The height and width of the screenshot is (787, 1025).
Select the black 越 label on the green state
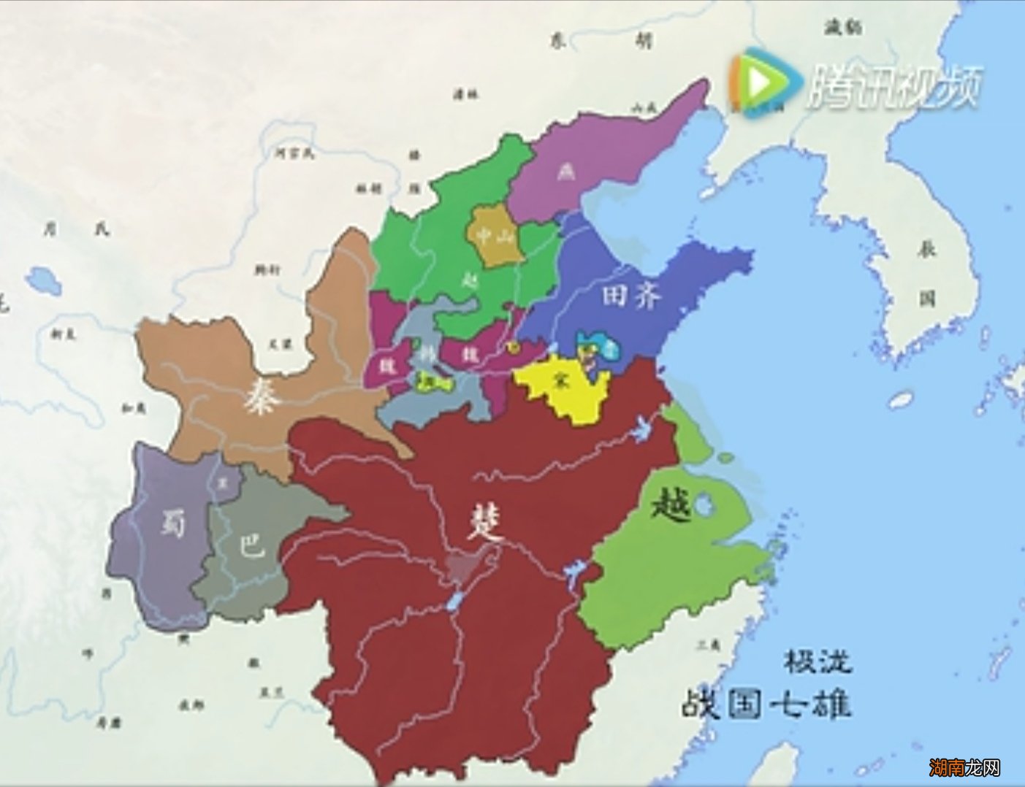click(x=670, y=503)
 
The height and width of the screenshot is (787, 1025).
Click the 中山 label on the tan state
click(x=495, y=234)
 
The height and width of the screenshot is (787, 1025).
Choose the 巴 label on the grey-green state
click(x=253, y=545)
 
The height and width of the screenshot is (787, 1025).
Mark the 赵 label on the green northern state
click(x=469, y=278)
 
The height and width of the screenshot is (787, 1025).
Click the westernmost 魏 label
click(x=384, y=365)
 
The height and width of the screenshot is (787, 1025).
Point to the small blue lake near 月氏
click(x=40, y=280)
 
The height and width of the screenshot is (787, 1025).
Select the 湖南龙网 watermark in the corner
click(x=964, y=767)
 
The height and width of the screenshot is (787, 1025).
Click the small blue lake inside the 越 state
click(x=703, y=505)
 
